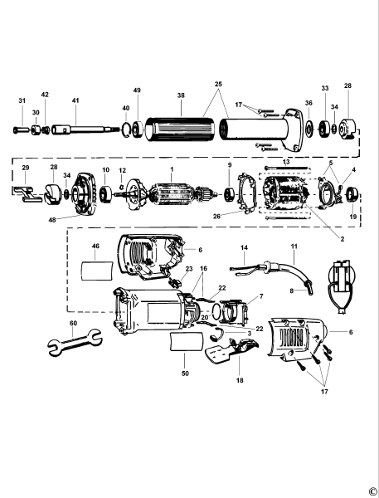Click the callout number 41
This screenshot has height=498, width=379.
coord(75,100)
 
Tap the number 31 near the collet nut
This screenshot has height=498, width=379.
coord(22,101)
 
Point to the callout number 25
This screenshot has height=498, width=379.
coord(219,85)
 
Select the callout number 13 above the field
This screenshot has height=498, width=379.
coord(285,161)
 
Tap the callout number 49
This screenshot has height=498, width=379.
coord(138,90)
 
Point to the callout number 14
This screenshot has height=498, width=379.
coord(244,247)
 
